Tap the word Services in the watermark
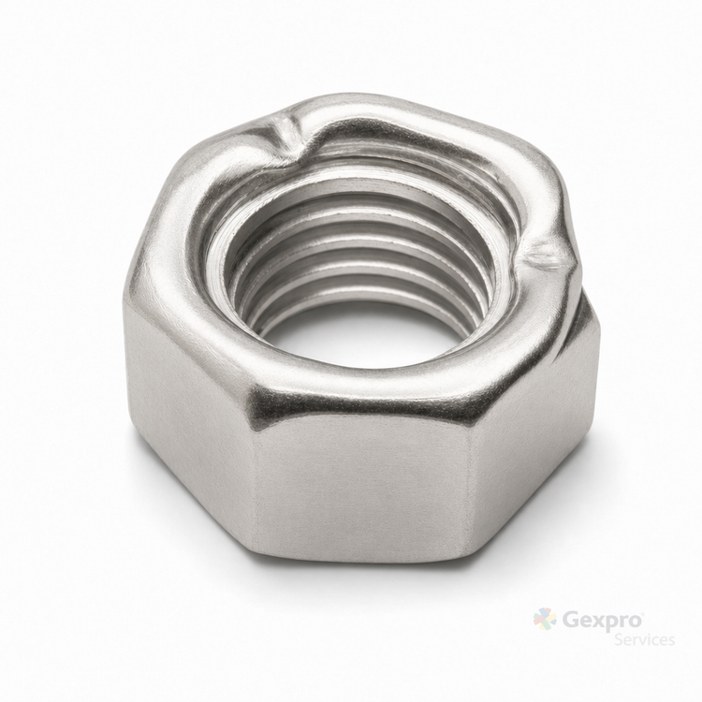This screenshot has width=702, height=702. pyautogui.click(x=645, y=639)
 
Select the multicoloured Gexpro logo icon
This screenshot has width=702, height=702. pyautogui.click(x=545, y=619)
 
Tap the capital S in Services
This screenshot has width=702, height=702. pyautogui.click(x=620, y=639)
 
